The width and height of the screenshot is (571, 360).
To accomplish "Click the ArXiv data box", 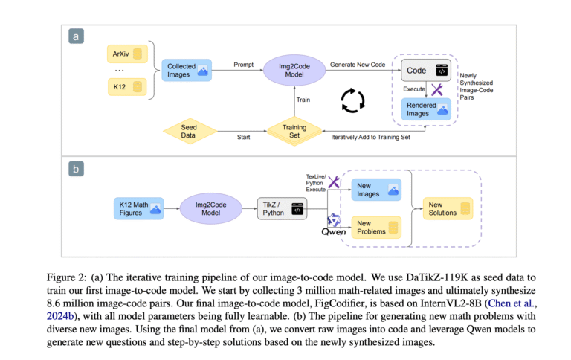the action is point(127,54).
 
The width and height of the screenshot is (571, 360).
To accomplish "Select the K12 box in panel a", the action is point(127,87).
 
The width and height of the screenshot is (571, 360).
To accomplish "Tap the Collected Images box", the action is point(187,71).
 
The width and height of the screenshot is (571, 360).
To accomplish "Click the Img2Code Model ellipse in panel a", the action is point(294,71).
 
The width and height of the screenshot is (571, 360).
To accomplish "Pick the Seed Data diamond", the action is point(190,131).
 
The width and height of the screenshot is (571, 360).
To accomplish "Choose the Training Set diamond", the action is point(294,131).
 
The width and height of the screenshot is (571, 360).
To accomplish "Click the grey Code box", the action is point(426,71).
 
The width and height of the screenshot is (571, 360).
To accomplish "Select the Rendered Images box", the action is point(426,109).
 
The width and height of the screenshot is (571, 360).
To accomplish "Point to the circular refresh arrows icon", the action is point(352,100).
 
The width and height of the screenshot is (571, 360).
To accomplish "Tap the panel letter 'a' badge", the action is point(76,36).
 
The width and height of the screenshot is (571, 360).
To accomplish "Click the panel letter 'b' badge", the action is point(76,169).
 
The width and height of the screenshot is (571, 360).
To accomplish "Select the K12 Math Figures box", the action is point(139,209).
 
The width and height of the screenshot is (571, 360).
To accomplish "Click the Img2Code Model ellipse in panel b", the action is point(211,209).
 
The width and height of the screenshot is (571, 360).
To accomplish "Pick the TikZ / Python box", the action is point(282,209).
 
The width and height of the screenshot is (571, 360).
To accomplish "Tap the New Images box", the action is point(376,190).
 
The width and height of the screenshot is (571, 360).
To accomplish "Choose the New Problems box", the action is point(376,228).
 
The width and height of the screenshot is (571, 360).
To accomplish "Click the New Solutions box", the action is point(448,209).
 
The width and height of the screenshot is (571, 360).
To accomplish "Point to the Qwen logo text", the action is point(334,232).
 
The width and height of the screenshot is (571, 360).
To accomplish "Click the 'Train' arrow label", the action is point(303,100).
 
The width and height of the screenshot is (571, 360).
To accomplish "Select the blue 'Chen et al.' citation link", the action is point(511,303).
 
